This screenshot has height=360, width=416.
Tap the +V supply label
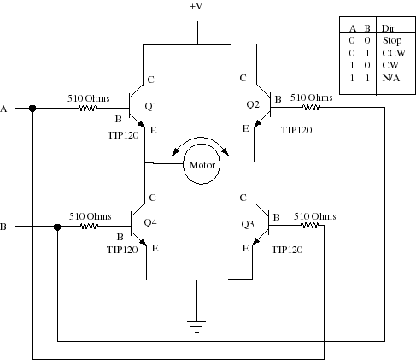point(196,6)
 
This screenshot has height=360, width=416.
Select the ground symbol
point(196,326)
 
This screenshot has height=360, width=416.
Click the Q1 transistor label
point(150,106)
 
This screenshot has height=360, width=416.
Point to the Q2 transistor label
point(253,104)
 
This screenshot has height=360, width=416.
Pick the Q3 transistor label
point(248,224)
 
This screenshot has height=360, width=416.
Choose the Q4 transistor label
point(150,222)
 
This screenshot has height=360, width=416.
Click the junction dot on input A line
point(32,109)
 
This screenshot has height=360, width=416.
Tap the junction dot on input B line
point(57,227)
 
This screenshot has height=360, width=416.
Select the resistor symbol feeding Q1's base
point(87,109)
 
